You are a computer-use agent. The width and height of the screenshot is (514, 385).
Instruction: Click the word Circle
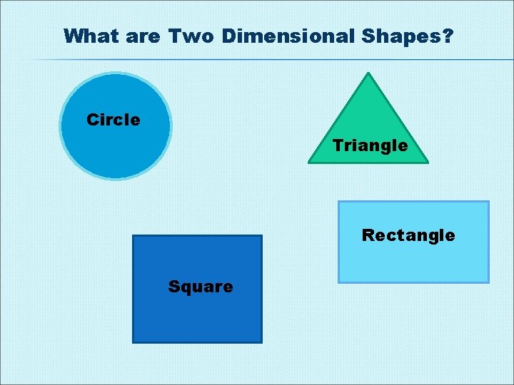pos(113,120)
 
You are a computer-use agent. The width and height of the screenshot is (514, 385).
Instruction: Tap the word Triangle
pos(370,146)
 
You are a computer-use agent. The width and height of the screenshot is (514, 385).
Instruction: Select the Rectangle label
pos(408,235)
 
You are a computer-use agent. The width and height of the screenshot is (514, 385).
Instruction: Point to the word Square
pos(200,287)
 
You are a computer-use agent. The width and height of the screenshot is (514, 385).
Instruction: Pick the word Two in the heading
pos(191,36)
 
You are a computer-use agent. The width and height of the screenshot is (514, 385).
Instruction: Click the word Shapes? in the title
pos(413,36)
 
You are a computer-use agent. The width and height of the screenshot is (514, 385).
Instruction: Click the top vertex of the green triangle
pos(368,73)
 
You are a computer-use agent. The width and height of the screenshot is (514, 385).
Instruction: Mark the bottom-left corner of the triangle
pos(308,163)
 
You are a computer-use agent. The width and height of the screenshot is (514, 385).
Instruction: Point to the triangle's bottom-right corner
pos(428,163)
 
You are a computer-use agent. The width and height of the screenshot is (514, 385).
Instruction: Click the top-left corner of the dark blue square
pos(133,236)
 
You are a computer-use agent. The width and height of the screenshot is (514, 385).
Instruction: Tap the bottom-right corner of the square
pos(261,342)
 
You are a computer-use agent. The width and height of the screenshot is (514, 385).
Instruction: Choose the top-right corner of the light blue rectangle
pos(488,202)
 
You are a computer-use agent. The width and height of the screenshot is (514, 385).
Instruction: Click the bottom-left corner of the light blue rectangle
pos(338,282)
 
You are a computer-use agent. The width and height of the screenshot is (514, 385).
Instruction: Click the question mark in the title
pos(448,36)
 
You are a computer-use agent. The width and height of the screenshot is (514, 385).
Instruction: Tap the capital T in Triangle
pos(337,145)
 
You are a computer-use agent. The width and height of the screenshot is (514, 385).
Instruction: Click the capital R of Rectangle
pos(368,235)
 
